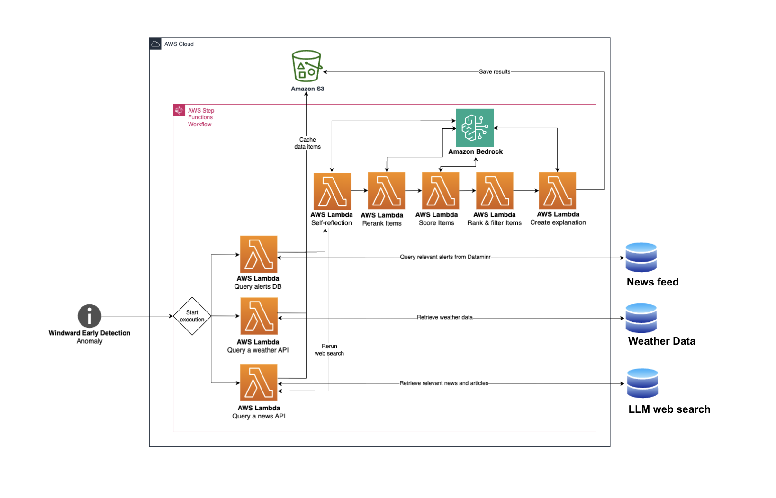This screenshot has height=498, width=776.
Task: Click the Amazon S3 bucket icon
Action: coord(307,66)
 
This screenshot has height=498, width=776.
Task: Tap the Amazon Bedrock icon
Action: coord(475,128)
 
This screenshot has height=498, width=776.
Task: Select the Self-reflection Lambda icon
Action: coord(332,191)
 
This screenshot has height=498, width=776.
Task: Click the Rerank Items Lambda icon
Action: coord(386,191)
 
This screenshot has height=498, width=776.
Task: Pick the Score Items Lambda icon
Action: coord(440,191)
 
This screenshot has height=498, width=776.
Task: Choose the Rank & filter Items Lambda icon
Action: coord(495,191)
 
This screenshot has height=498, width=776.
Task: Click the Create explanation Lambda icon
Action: coord(557,191)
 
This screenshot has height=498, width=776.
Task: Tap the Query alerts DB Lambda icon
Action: coord(259,254)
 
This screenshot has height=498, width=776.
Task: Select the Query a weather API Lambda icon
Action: coord(259,316)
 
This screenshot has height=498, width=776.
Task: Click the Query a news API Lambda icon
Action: coord(259,382)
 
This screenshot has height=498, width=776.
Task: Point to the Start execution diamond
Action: coord(192,316)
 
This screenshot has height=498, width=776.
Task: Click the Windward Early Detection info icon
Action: coord(90,316)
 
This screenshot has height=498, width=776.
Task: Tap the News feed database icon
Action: coord(641,258)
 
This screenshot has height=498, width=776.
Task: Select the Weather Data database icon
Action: coord(641,318)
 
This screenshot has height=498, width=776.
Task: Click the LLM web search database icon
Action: coord(642,383)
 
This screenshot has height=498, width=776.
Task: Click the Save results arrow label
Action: coord(495,72)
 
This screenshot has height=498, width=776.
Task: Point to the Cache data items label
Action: coord(307,143)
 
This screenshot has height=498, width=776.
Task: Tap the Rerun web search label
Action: coord(329,350)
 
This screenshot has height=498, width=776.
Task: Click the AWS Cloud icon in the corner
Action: coord(155,44)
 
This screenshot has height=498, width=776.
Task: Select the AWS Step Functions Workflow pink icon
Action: coord(179,110)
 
